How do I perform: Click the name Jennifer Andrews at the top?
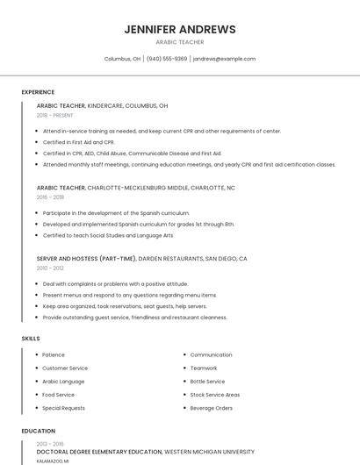pos(180,29)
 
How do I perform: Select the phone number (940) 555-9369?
pos(167,59)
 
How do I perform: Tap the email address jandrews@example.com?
pos(224,59)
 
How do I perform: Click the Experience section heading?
pos(38,92)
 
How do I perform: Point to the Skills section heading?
pos(31,338)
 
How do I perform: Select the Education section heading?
pos(38,431)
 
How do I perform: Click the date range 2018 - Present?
pos(54,115)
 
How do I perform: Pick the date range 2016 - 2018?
pos(50,197)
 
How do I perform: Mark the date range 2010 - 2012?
pos(50,268)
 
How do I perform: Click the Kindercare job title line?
pos(102,105)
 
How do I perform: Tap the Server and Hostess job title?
pos(86,259)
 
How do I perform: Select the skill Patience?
pos(54,354)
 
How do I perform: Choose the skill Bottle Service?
pos(207,382)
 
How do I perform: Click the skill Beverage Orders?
pos(211,408)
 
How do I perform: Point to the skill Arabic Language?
pos(63,382)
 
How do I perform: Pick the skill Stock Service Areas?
pos(214,395)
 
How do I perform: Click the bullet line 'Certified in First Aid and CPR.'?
pos(78,141)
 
